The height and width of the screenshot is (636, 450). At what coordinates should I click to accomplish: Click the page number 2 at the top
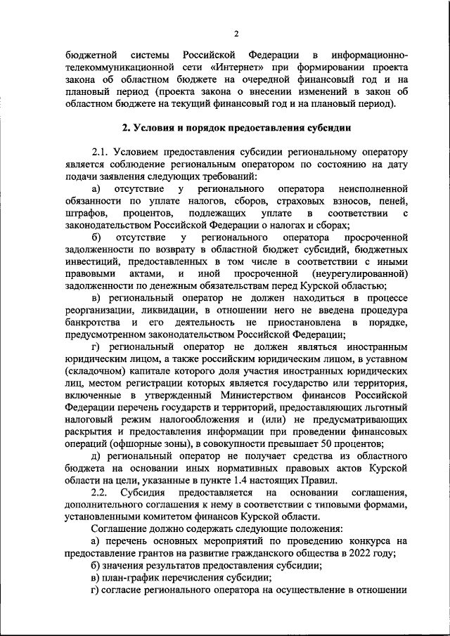click(237, 34)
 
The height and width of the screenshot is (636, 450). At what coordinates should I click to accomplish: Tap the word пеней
click(392, 201)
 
